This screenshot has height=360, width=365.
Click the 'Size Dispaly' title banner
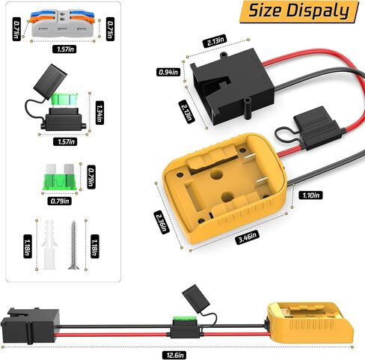(299, 11)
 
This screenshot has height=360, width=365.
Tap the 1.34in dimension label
(99, 112)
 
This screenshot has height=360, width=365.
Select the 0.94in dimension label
(168, 72)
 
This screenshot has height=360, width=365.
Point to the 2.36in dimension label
(162, 222)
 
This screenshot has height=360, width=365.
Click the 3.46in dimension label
(248, 237)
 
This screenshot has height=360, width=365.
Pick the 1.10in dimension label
(310, 195)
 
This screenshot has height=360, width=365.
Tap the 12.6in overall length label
(174, 355)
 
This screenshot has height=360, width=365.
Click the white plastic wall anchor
(49, 245)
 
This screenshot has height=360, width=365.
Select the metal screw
(73, 245)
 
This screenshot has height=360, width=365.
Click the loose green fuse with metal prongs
(59, 177)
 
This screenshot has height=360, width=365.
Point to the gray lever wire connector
(62, 23)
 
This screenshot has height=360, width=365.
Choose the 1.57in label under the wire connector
(64, 49)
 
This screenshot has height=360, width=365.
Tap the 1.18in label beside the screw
(95, 246)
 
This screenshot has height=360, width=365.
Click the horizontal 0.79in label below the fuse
(60, 201)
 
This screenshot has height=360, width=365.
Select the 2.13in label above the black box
(215, 41)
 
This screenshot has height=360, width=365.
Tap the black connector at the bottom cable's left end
(30, 326)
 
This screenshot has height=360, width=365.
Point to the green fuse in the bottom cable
(185, 319)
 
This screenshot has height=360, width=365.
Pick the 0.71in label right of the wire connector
(110, 29)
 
